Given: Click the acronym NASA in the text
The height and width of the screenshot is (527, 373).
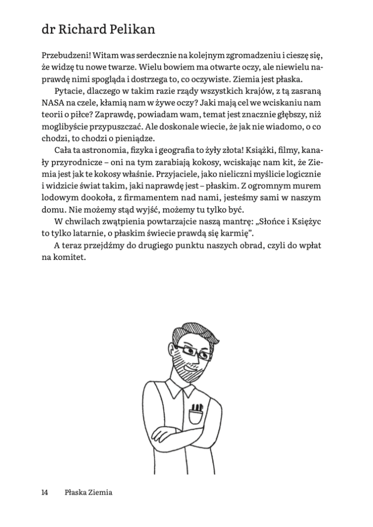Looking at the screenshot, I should [54, 103].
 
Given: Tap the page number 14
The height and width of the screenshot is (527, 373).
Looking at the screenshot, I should [45, 493].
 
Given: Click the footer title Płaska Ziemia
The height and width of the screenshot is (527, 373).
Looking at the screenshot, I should [88, 493].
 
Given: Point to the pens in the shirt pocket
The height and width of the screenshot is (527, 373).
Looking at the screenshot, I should [196, 408].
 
